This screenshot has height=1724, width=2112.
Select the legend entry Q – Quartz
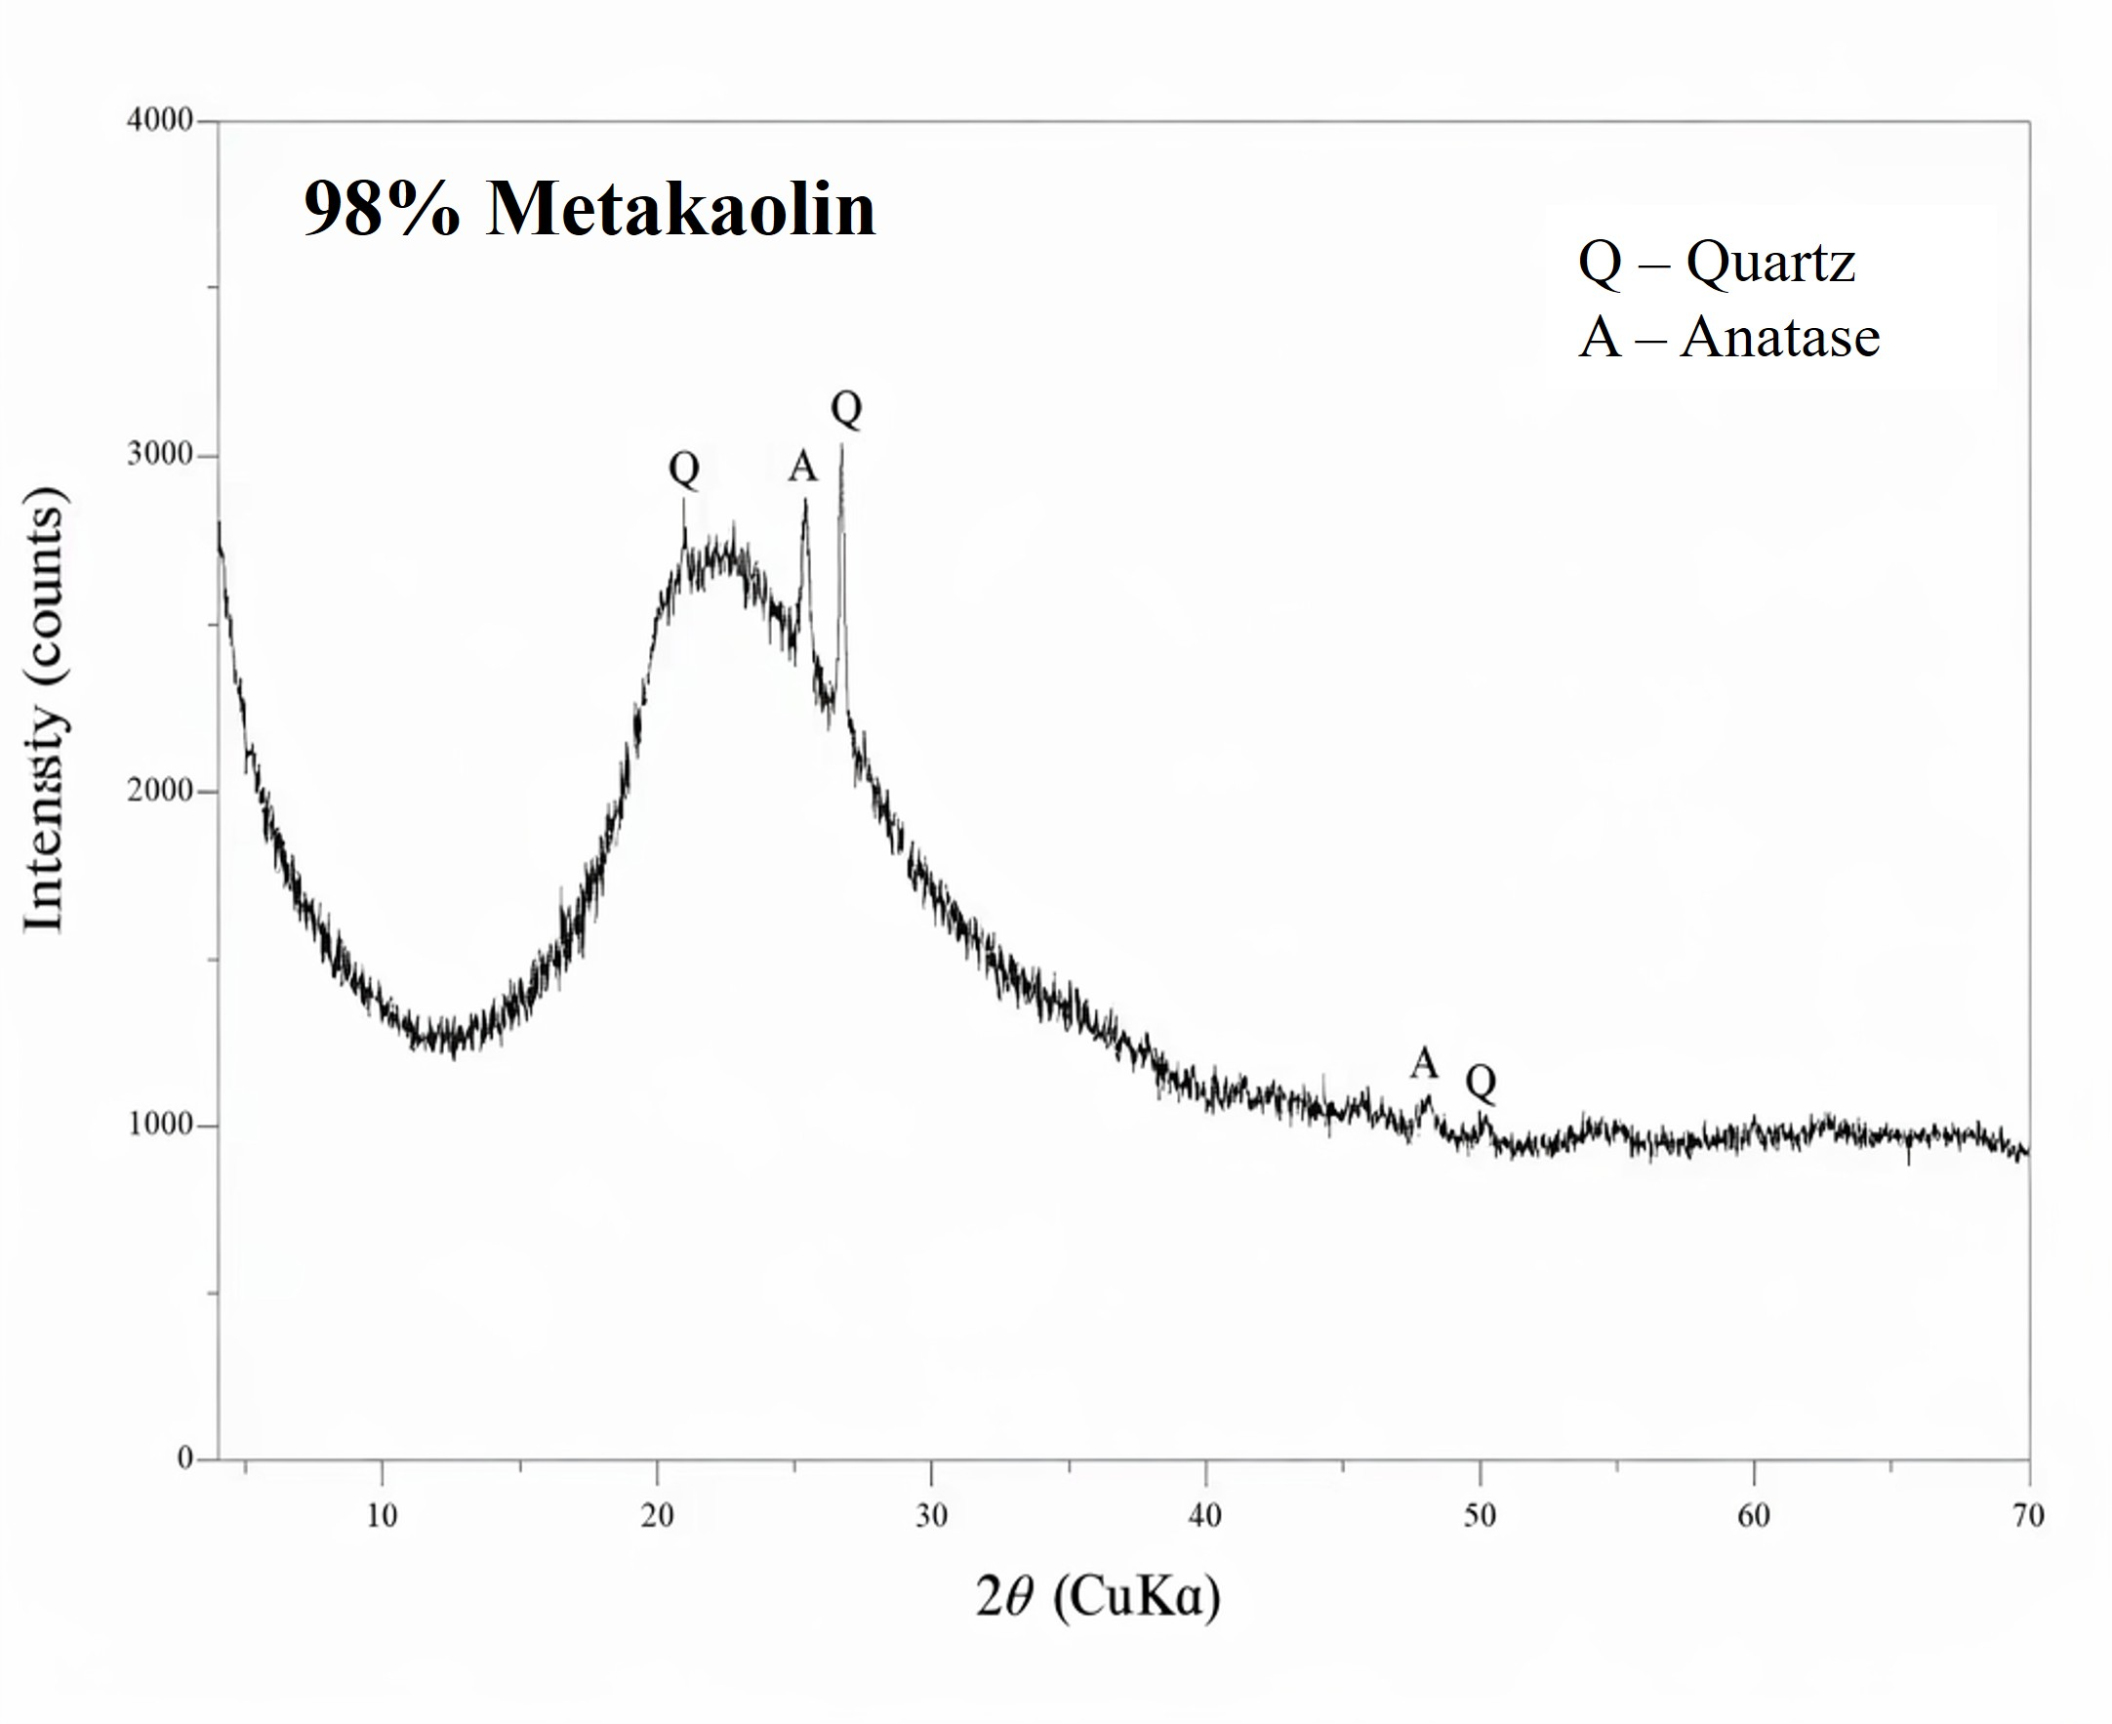1716,264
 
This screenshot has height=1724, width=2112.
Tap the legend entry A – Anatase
1728,338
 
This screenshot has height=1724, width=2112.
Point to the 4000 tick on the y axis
160,121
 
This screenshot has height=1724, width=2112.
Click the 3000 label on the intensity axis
160,455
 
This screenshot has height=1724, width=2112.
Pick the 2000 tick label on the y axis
160,791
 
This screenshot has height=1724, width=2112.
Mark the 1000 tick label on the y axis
160,1126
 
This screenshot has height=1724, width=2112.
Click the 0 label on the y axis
185,1457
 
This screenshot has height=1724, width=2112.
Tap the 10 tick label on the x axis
383,1515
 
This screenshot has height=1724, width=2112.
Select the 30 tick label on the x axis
931,1515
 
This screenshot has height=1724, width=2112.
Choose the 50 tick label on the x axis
1480,1515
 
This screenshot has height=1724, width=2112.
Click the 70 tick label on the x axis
2029,1515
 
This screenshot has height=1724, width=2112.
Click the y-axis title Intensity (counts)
45,710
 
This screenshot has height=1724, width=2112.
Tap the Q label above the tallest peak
846,408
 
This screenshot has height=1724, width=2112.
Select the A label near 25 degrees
802,466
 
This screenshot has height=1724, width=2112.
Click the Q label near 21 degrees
684,468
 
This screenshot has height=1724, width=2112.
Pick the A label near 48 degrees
1424,1064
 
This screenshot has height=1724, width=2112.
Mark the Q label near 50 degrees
1481,1082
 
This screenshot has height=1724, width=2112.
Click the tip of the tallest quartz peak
842,446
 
